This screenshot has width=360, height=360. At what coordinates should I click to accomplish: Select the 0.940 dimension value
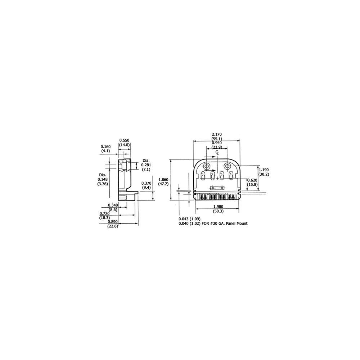click(217, 143)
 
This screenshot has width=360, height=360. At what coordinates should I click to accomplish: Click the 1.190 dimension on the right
click(265, 170)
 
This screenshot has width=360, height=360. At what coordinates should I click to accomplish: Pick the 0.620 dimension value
click(252, 180)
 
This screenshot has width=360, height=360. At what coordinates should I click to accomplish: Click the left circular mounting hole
click(207, 166)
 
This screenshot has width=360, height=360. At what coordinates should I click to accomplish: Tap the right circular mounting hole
click(228, 166)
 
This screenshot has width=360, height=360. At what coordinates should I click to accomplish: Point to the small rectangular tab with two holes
click(217, 188)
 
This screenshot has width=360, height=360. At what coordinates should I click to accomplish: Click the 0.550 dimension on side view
click(124, 140)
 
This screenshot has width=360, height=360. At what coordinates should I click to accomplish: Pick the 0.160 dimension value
click(105, 147)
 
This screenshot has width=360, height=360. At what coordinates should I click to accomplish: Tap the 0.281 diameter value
click(146, 165)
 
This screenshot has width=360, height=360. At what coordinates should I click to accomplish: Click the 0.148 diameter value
click(103, 179)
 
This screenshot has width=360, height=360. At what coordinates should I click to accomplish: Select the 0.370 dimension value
click(146, 183)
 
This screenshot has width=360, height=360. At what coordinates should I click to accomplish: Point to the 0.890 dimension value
click(112, 222)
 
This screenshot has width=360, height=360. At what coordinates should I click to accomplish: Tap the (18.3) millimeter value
click(105, 217)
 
